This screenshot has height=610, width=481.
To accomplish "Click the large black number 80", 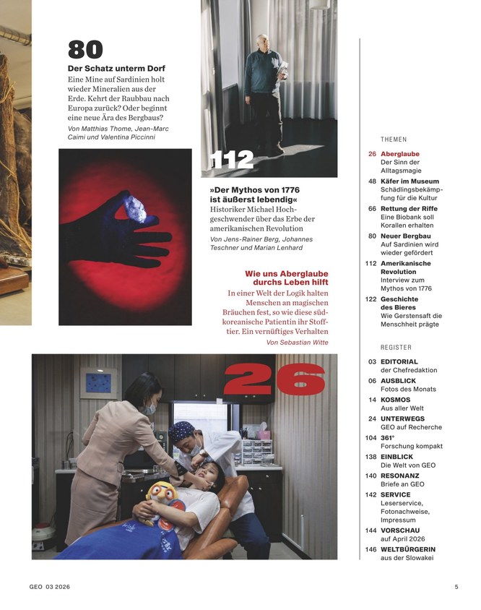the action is click(x=85, y=50).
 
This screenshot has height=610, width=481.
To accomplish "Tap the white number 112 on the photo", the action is click(x=232, y=160).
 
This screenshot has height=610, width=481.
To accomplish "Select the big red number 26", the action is click(x=274, y=379).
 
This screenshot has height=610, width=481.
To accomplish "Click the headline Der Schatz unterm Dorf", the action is click(x=116, y=69).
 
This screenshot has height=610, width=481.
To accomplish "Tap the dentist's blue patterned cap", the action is click(x=181, y=432).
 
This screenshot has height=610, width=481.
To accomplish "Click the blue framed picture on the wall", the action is click(x=99, y=383).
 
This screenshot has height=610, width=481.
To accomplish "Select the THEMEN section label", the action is click(x=394, y=139).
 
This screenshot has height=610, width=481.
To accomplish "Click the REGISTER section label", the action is click(x=396, y=347).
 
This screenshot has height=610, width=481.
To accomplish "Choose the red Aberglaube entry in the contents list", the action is click(x=399, y=154).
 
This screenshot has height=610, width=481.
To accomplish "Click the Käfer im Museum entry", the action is click(x=409, y=181).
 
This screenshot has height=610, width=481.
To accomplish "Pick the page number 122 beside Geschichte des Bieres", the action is click(x=371, y=299).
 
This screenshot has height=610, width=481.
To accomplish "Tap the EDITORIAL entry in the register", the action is click(x=399, y=362).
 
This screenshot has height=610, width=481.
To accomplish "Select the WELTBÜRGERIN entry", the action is click(x=408, y=549).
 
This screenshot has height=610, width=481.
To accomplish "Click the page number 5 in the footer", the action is click(x=456, y=587).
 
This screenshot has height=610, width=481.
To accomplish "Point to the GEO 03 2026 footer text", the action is click(x=50, y=587).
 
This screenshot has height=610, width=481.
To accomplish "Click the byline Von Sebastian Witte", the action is click(x=298, y=343).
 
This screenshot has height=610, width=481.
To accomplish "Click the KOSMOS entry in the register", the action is click(x=396, y=400).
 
